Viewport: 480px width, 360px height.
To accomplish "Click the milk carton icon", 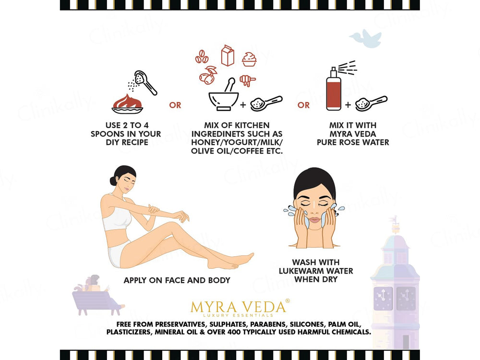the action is click(x=228, y=55).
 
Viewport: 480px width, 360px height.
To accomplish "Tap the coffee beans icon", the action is click(x=202, y=57).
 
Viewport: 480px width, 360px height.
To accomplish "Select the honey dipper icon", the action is click(x=247, y=80).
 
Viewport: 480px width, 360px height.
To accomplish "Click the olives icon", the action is click(x=208, y=75).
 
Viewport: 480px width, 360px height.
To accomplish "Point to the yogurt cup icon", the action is click(x=249, y=60).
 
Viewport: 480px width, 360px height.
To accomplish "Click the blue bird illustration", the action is click(x=366, y=38).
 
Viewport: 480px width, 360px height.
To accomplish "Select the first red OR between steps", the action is click(x=175, y=105).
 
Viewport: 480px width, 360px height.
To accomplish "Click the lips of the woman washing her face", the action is click(x=314, y=219).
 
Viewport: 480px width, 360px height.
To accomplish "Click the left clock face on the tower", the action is click(x=383, y=299).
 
